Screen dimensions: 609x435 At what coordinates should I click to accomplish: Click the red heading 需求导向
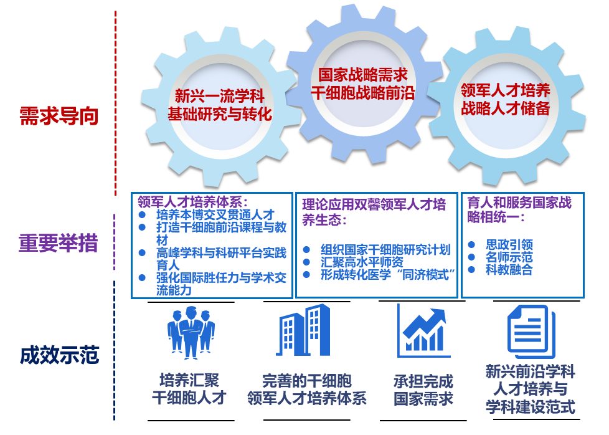(59, 116)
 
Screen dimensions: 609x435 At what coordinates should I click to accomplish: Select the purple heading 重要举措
(59, 243)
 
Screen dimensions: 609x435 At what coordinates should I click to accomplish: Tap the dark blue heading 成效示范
(59, 355)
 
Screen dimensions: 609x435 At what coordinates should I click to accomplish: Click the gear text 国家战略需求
(363, 75)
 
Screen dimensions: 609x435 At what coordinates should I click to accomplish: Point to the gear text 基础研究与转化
(220, 114)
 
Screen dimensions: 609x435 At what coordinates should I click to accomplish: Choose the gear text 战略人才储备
(505, 108)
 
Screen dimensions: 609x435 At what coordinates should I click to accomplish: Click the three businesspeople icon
(191, 332)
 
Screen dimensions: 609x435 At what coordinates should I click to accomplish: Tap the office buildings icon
(303, 330)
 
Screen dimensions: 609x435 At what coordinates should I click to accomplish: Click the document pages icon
(531, 331)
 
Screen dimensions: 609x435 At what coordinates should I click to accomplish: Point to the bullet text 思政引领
(509, 244)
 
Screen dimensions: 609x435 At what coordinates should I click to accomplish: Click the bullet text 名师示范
(509, 257)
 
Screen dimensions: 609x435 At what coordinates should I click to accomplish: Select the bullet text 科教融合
(509, 269)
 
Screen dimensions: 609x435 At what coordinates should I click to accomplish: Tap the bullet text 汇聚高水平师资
(362, 262)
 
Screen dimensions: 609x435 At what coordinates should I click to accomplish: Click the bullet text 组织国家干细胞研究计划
(385, 249)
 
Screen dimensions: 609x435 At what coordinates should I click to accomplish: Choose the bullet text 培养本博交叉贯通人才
(215, 214)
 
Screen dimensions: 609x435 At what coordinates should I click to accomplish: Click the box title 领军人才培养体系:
(192, 202)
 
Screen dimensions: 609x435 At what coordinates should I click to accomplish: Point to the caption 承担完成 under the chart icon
(423, 381)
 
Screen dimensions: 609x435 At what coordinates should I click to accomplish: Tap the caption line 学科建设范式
(530, 407)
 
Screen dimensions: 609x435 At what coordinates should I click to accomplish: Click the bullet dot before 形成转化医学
(306, 274)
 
